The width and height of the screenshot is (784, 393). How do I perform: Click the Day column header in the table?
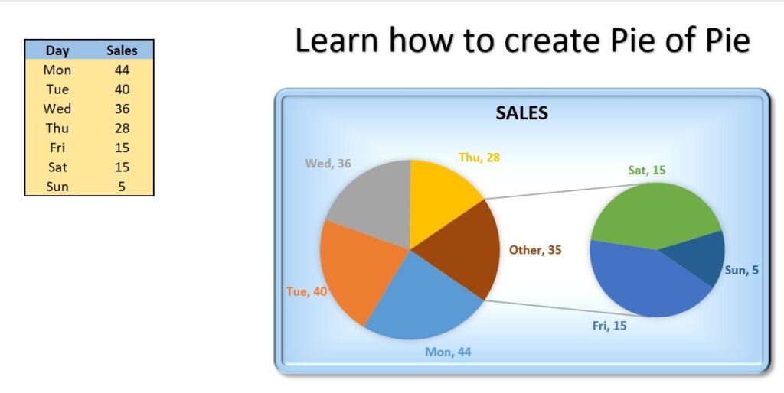pos(57,50)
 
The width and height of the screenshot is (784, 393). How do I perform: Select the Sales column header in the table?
pos(122,50)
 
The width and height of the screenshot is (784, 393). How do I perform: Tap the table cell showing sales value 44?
pos(122,70)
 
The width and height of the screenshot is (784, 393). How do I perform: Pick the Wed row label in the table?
pos(57,109)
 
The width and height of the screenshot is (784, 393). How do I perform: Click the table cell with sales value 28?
pos(122,128)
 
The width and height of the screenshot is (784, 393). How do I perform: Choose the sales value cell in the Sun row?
pos(122,187)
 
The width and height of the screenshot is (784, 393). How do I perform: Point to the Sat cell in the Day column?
pos(57,167)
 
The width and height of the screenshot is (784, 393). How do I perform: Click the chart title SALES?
pos(521,113)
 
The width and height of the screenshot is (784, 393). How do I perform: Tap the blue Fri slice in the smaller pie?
pos(645,280)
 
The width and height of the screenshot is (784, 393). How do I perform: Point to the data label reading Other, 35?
pos(535,250)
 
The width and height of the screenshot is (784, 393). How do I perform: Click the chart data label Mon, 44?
pos(448,352)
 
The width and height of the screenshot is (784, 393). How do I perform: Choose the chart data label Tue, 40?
pos(306,291)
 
